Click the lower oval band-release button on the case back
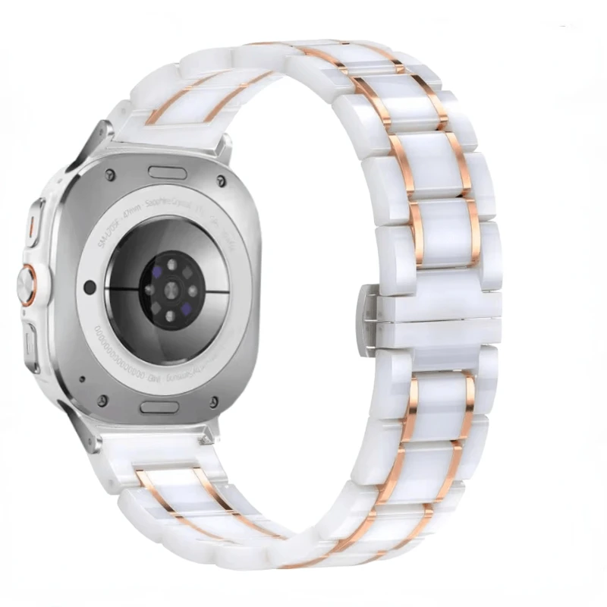click(x=159, y=407)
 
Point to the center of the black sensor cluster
click(x=171, y=289)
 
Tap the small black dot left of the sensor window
click(x=90, y=288)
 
